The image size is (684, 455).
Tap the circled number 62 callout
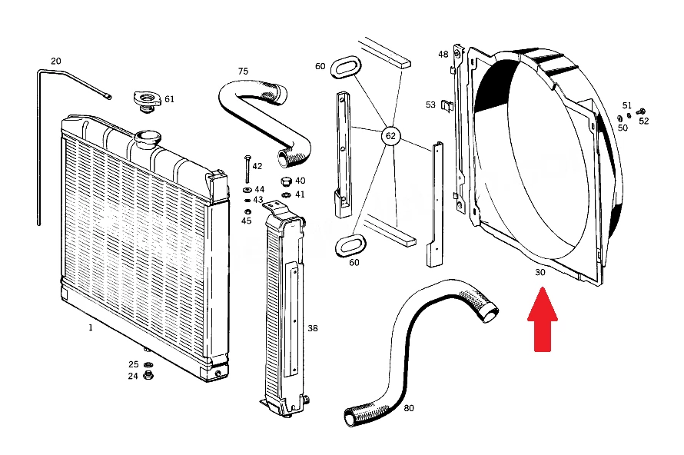pyautogui.click(x=390, y=136)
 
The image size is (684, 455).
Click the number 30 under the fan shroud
pyautogui.click(x=540, y=272)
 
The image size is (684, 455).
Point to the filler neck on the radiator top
pyautogui.click(x=148, y=140)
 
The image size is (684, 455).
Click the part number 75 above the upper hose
pyautogui.click(x=243, y=71)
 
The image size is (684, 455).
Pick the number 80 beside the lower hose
pyautogui.click(x=409, y=408)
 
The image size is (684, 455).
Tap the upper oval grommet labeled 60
pyautogui.click(x=346, y=67)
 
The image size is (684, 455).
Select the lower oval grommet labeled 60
pyautogui.click(x=350, y=246)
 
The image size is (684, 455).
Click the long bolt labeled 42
pyautogui.click(x=247, y=169)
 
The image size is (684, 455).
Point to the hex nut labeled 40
pyautogui.click(x=286, y=181)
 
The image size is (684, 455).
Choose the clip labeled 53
pyautogui.click(x=447, y=105)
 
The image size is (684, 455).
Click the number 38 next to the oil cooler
pyautogui.click(x=313, y=328)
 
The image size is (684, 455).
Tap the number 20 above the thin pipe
pyautogui.click(x=56, y=61)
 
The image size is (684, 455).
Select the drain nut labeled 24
pyautogui.click(x=148, y=375)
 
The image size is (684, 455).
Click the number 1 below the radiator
pyautogui.click(x=91, y=327)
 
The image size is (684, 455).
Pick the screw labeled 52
pyautogui.click(x=641, y=112)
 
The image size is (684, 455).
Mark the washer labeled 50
pyautogui.click(x=620, y=118)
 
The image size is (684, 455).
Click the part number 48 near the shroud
pyautogui.click(x=443, y=54)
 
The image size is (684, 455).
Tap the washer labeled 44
pyautogui.click(x=247, y=190)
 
